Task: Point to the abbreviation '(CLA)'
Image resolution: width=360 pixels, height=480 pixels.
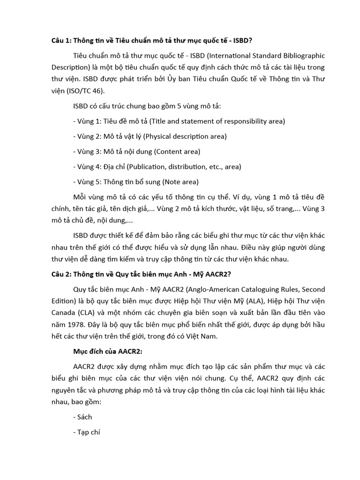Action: click(x=86, y=312)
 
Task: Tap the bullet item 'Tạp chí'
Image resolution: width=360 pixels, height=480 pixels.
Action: click(x=87, y=432)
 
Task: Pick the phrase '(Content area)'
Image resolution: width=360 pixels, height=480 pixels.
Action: click(x=177, y=151)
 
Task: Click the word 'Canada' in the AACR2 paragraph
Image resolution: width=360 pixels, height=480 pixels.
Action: click(x=63, y=312)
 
